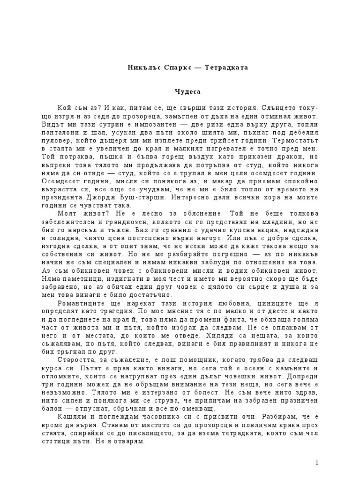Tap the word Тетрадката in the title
[225, 67]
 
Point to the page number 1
[317, 463]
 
